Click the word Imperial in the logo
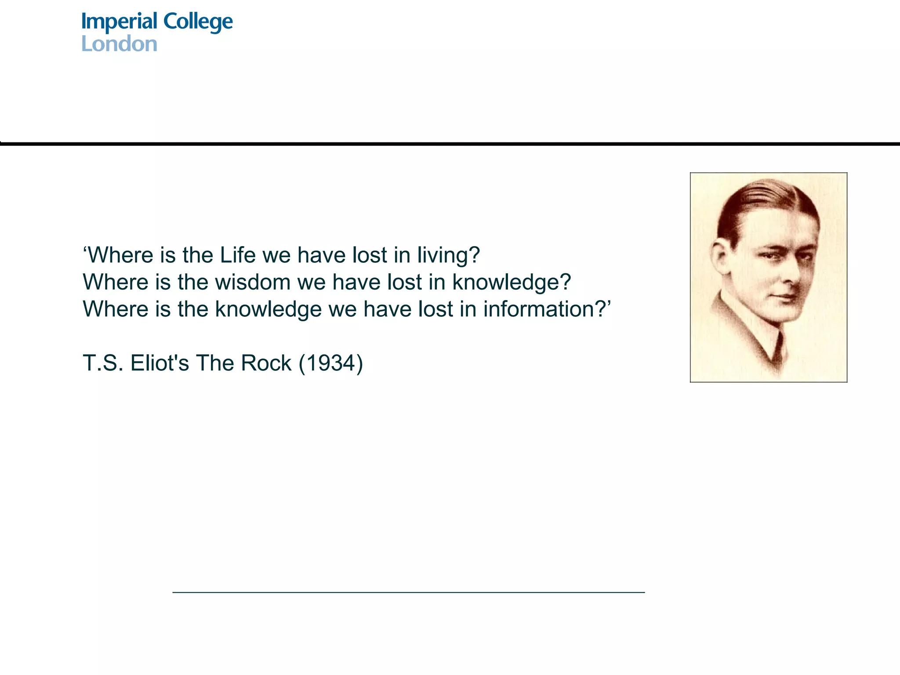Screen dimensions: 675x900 pos(119,22)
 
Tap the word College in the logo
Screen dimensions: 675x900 pos(198,22)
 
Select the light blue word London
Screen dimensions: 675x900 pos(119,44)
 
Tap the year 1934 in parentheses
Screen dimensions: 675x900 pos(330,363)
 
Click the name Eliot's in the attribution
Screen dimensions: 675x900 pos(160,363)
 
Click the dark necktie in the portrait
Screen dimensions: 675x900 pos(779,352)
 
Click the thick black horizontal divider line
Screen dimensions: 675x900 pos(450,144)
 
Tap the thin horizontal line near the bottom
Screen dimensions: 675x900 pos(409,592)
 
